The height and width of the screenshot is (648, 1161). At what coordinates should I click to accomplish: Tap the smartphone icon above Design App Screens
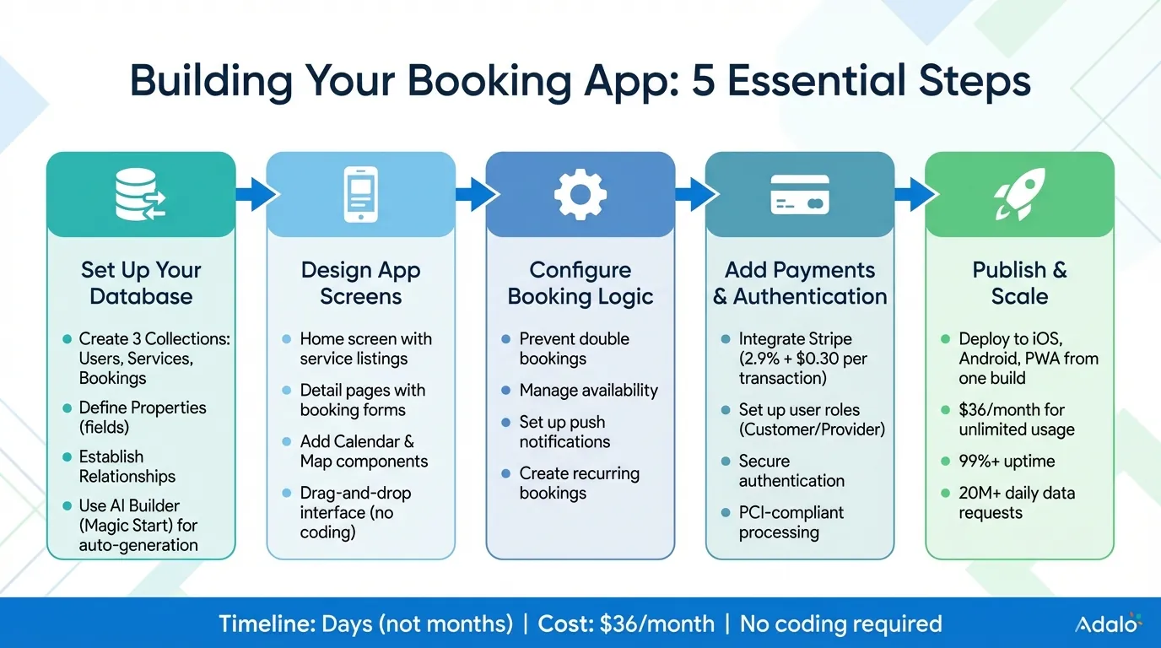pyautogui.click(x=360, y=194)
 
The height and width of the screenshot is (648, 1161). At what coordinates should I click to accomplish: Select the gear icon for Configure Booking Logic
pyautogui.click(x=580, y=194)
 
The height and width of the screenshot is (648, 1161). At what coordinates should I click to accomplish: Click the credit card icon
pyautogui.click(x=799, y=194)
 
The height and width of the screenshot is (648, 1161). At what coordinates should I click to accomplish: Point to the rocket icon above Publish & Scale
pyautogui.click(x=1019, y=194)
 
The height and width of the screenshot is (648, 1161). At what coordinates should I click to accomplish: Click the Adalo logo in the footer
pyautogui.click(x=1108, y=624)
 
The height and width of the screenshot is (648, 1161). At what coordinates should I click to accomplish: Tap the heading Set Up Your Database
pyautogui.click(x=141, y=283)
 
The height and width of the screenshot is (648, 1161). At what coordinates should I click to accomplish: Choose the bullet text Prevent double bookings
pyautogui.click(x=574, y=348)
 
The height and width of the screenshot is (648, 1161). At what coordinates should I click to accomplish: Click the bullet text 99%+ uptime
pyautogui.click(x=1007, y=461)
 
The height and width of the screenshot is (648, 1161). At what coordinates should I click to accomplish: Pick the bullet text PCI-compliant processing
pyautogui.click(x=791, y=522)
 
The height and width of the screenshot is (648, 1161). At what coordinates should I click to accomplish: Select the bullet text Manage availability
pyautogui.click(x=588, y=390)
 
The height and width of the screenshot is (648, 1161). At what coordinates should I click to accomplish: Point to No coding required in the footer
pyautogui.click(x=840, y=624)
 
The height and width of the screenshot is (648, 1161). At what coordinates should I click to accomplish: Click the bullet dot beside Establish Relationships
pyautogui.click(x=67, y=456)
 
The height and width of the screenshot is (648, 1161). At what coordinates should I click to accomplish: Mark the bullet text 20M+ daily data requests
pyautogui.click(x=1016, y=503)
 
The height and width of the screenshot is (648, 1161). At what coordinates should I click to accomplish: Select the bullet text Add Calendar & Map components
pyautogui.click(x=364, y=451)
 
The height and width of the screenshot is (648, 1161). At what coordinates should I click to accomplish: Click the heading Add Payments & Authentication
pyautogui.click(x=799, y=283)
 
